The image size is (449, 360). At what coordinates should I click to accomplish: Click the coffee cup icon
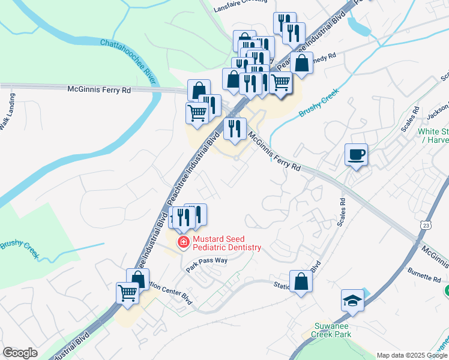point(357,156)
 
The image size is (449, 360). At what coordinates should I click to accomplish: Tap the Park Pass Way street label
point(206,265)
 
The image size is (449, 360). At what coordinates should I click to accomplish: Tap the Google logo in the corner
point(20,353)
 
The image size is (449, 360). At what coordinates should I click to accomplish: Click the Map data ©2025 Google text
point(412,355)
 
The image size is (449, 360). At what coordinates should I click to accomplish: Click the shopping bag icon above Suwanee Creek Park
point(301,283)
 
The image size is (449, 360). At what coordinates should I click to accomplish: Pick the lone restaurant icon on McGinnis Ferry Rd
point(235,128)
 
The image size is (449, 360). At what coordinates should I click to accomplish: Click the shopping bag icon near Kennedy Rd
point(301,63)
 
